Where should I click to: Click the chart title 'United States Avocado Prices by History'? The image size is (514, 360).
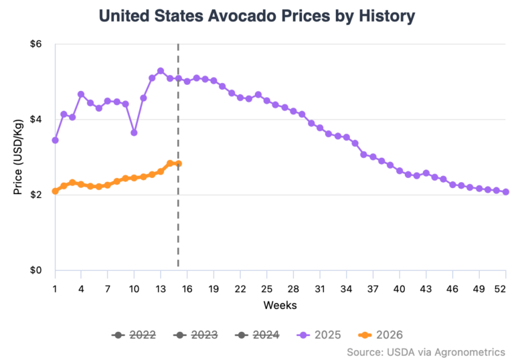[x=257, y=15]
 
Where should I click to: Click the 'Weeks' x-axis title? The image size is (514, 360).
[x=280, y=305]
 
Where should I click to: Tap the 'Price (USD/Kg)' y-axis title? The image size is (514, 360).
[x=18, y=157]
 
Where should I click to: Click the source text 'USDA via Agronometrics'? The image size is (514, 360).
[x=426, y=351]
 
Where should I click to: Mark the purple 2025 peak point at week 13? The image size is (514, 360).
[x=161, y=71]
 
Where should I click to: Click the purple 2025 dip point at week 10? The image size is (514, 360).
[x=134, y=132]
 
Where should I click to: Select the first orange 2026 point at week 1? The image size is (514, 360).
[x=55, y=191]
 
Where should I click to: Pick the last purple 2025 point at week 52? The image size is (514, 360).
[x=505, y=192]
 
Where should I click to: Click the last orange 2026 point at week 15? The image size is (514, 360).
[x=178, y=164]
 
